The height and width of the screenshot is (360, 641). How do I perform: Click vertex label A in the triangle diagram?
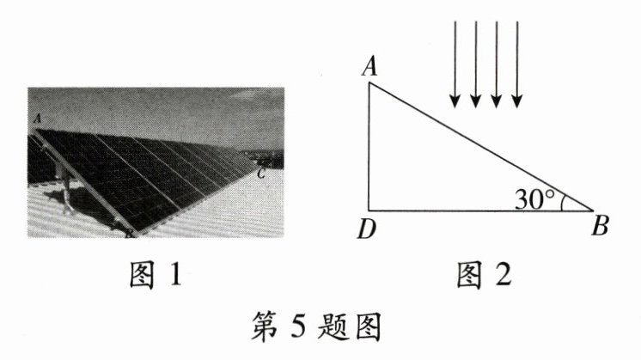click(x=371, y=67)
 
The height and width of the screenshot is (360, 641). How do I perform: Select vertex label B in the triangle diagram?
click(x=602, y=228)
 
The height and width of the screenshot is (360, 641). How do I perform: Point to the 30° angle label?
click(x=534, y=198)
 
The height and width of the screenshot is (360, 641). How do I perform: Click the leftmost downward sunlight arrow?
click(x=455, y=64)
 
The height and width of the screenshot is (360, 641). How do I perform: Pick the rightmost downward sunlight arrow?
click(x=517, y=64)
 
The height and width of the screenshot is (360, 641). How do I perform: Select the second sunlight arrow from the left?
click(x=475, y=64)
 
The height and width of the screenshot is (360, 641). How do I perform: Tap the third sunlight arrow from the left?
click(x=497, y=64)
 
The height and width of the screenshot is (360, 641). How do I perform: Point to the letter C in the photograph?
click(x=261, y=174)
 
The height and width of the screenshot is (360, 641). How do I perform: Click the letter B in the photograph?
click(x=128, y=233)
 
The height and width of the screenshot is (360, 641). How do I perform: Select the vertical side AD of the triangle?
click(x=369, y=146)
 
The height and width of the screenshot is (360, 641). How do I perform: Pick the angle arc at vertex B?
click(x=562, y=201)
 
